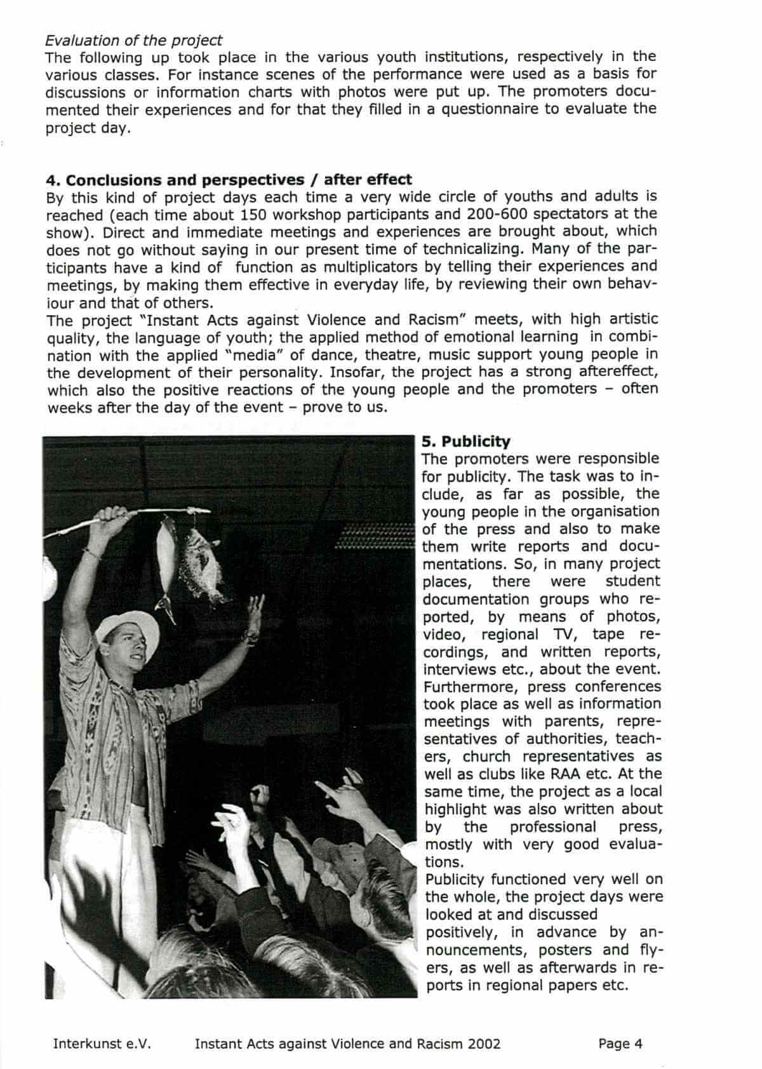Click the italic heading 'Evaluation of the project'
[x=133, y=40]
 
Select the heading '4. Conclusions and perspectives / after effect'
[x=229, y=179]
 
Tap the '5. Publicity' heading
[x=466, y=441]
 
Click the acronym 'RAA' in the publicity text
[x=564, y=774]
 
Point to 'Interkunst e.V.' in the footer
[x=102, y=1044]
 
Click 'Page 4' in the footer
[x=620, y=1044]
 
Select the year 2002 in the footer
[x=483, y=1044]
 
